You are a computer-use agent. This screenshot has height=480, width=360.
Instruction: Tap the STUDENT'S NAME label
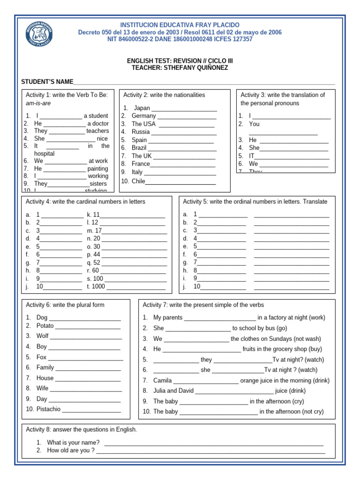coord(47,82)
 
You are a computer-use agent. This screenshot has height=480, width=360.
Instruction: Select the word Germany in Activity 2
coord(143,116)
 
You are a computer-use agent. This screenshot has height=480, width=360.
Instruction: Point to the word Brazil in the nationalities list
coord(139,148)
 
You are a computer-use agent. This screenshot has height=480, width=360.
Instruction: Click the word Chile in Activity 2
coord(138,181)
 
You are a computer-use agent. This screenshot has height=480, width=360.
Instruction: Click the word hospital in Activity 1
coord(44,153)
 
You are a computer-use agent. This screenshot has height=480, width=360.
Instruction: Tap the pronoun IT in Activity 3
coord(252,156)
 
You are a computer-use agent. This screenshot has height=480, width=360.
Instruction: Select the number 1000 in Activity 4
coord(98,286)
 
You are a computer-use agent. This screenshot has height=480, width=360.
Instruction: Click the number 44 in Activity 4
coord(97,255)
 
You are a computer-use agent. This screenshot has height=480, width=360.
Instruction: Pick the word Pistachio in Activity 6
coord(48,409)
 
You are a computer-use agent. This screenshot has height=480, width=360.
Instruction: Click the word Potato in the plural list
coord(45,325)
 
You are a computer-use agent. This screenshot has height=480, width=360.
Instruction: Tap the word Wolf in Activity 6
coord(43,336)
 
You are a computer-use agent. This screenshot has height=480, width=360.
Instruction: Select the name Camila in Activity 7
coord(163,381)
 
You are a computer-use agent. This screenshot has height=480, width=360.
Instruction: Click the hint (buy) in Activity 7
coord(315,349)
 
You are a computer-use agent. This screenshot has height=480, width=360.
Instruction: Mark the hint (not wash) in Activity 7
coord(307,338)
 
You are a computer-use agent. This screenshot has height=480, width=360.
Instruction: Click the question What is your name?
coord(73,442)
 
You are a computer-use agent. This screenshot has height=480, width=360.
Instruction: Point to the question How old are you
coord(71,450)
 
